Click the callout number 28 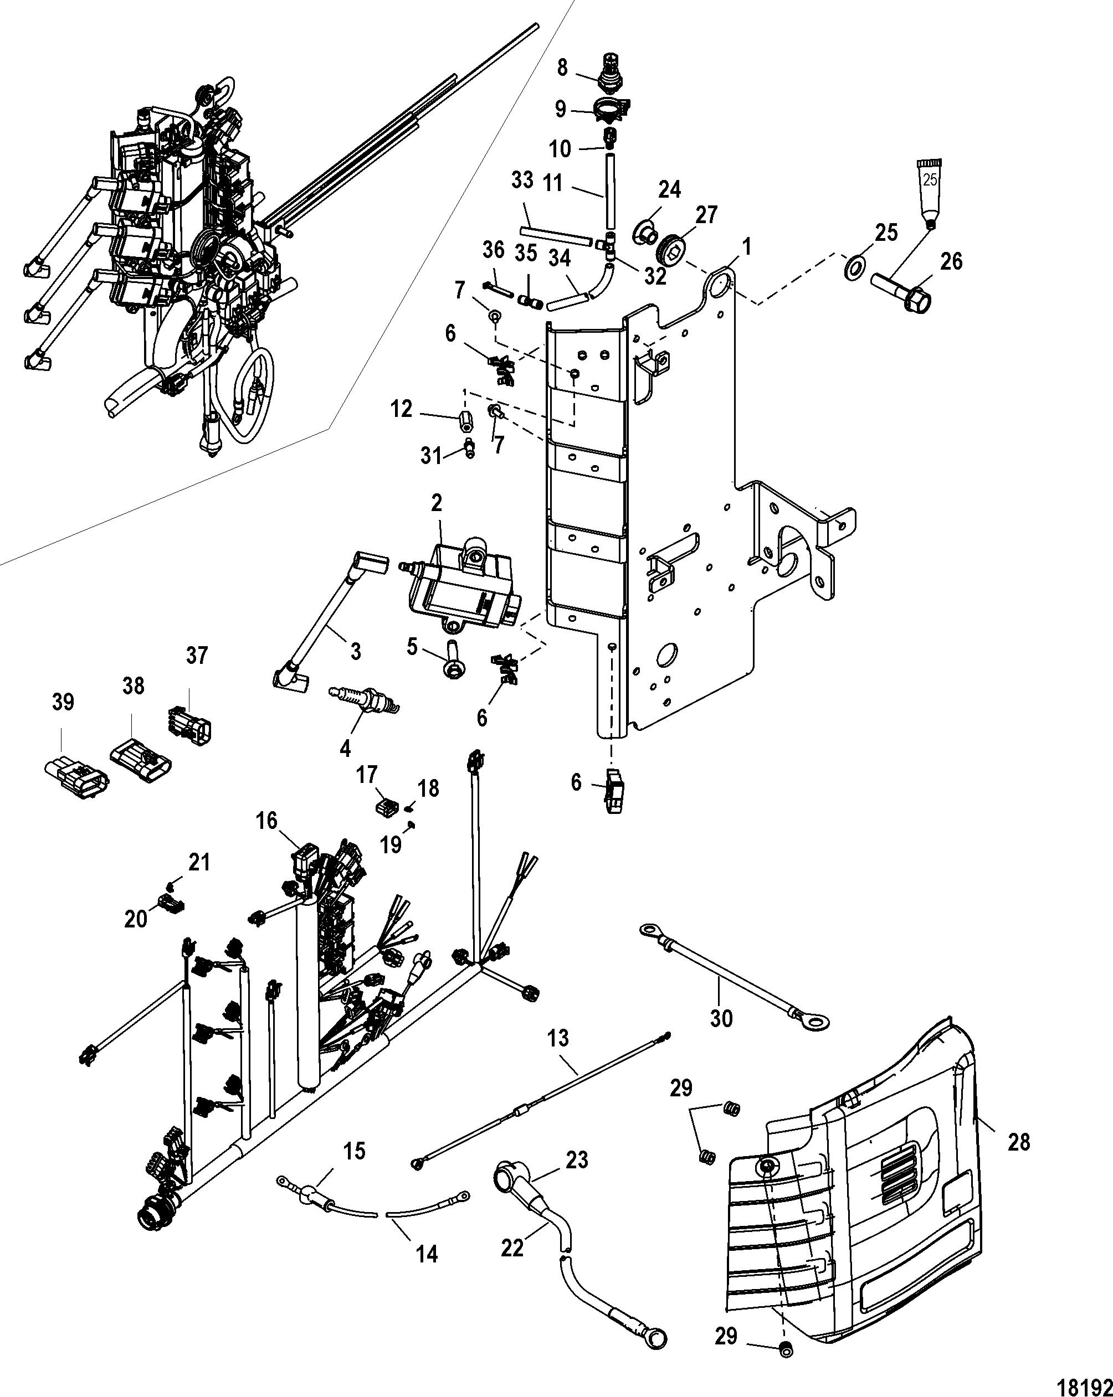(x=1019, y=1142)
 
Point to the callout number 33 (x=522, y=181)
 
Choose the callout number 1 (x=747, y=246)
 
